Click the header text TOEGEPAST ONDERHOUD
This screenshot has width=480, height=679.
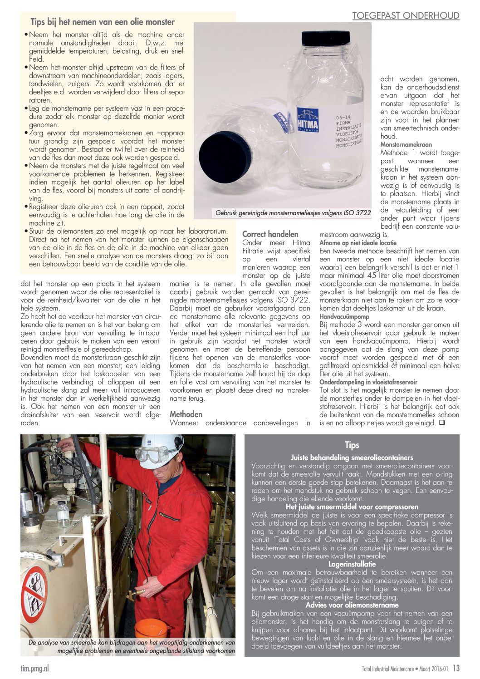coord(406,16)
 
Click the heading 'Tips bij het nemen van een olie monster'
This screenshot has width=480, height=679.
coord(103,22)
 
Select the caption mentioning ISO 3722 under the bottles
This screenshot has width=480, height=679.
coord(293,212)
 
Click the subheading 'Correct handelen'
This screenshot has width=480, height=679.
coord(270,234)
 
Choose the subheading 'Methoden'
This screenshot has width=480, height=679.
coord(186,414)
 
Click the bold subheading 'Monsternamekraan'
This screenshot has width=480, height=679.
coord(406,144)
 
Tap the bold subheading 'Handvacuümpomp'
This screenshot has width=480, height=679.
coord(344,316)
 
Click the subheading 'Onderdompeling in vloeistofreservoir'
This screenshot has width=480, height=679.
coord(368,382)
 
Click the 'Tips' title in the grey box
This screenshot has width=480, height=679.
coord(352,445)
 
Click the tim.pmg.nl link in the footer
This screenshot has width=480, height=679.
coord(34,668)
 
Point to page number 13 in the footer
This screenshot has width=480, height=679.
coord(456,668)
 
